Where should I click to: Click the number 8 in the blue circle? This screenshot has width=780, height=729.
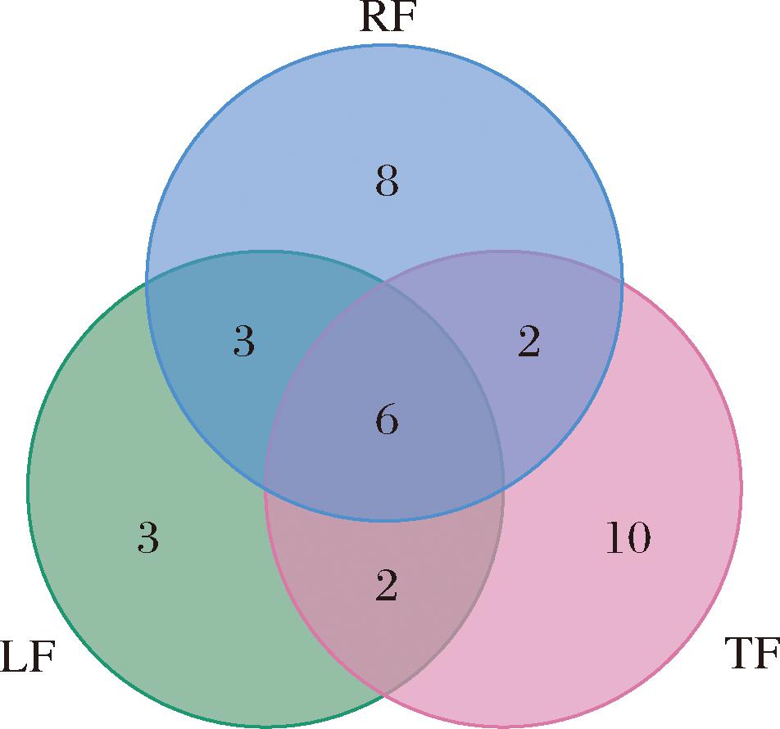tap(387, 182)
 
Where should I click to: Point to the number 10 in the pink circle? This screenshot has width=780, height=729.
tap(628, 538)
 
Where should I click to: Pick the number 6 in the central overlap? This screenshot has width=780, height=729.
tap(386, 421)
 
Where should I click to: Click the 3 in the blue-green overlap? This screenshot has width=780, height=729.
tap(243, 343)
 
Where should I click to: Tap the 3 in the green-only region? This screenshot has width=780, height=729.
tap(147, 539)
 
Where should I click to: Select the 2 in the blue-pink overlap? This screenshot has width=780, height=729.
tap(529, 343)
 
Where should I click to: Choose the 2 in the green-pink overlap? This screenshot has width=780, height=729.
tap(386, 587)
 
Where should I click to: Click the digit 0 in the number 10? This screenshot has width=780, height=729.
tap(638, 538)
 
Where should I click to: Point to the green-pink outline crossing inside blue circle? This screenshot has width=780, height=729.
tap(384, 283)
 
